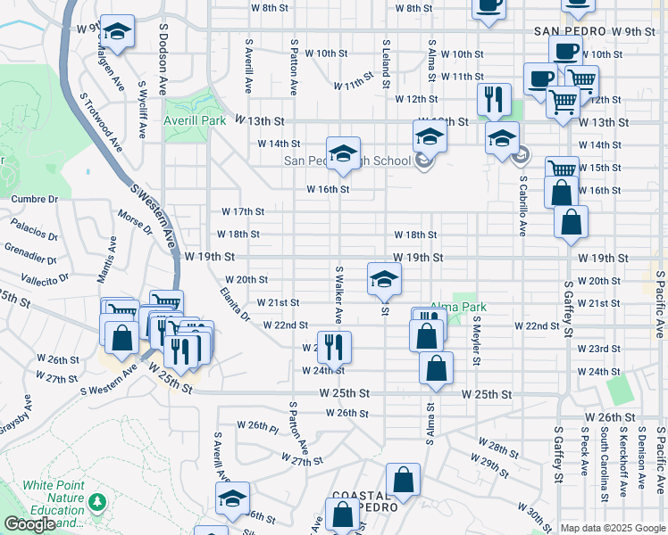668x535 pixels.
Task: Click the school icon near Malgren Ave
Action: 117,31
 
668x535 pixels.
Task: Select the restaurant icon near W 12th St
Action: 494,98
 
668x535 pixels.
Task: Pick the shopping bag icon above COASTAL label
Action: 404,479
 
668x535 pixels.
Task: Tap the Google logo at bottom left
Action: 30,524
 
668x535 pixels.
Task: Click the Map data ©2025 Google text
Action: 613,528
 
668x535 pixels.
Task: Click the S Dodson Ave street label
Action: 164,61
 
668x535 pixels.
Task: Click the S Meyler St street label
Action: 478,341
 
